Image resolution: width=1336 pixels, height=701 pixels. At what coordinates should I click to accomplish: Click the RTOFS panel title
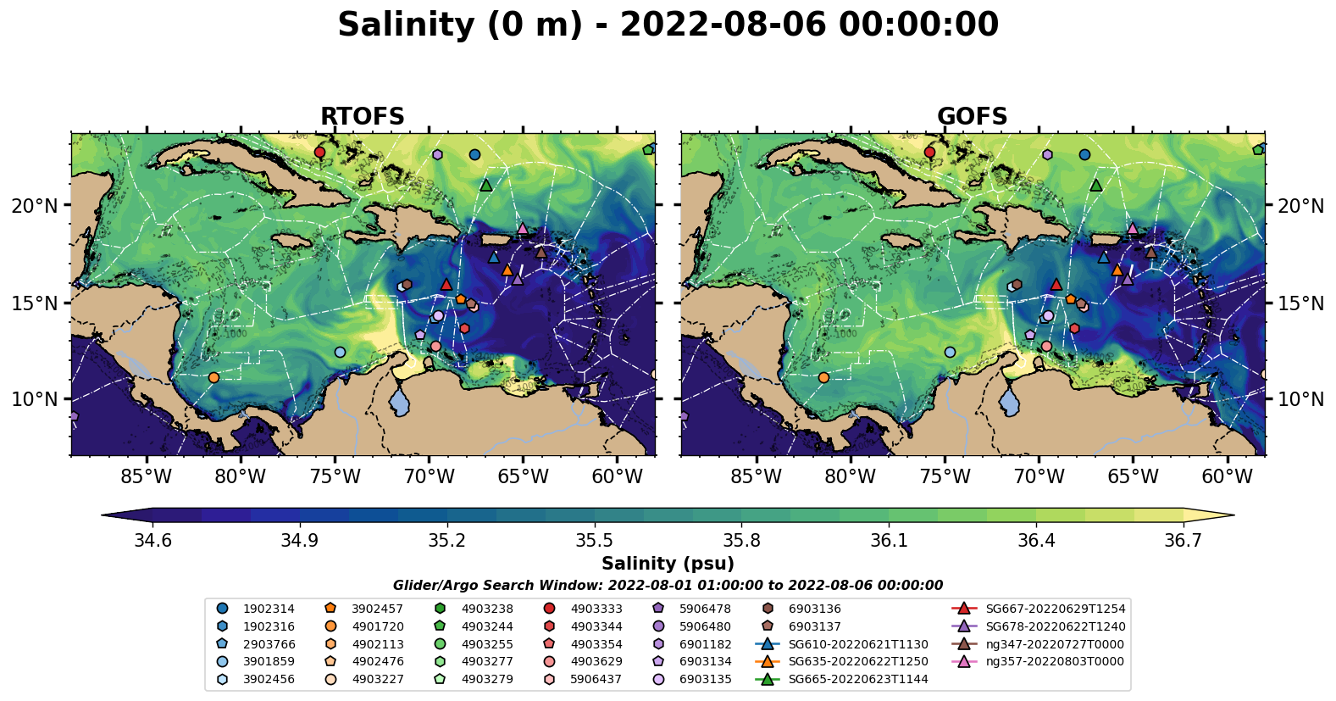[x=362, y=116]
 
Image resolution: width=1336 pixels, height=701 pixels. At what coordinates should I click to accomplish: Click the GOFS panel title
[x=972, y=116]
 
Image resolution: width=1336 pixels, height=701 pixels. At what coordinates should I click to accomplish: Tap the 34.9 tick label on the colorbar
[x=300, y=541]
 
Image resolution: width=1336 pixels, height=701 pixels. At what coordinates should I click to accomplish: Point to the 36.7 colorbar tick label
[x=1183, y=541]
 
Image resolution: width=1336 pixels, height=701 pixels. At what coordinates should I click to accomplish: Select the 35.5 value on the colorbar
[x=594, y=541]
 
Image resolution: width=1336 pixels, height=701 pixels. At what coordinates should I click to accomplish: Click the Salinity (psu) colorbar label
[x=668, y=564]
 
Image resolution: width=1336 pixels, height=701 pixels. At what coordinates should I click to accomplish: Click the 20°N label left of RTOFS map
[x=35, y=206]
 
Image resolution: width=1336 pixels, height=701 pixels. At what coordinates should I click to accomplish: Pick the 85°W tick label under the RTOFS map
[x=146, y=476]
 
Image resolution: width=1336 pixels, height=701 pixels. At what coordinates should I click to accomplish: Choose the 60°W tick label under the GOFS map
[x=1227, y=476]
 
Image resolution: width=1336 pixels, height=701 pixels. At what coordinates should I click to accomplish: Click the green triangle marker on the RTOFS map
[x=485, y=185]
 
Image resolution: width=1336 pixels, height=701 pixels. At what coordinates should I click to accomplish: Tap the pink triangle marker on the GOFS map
[x=1133, y=228]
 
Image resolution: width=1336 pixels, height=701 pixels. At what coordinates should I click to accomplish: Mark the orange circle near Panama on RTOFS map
[x=213, y=377]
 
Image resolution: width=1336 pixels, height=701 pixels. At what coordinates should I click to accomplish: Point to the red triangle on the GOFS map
[x=1056, y=284]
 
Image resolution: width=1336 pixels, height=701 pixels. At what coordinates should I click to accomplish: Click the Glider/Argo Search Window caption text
[x=668, y=585]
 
